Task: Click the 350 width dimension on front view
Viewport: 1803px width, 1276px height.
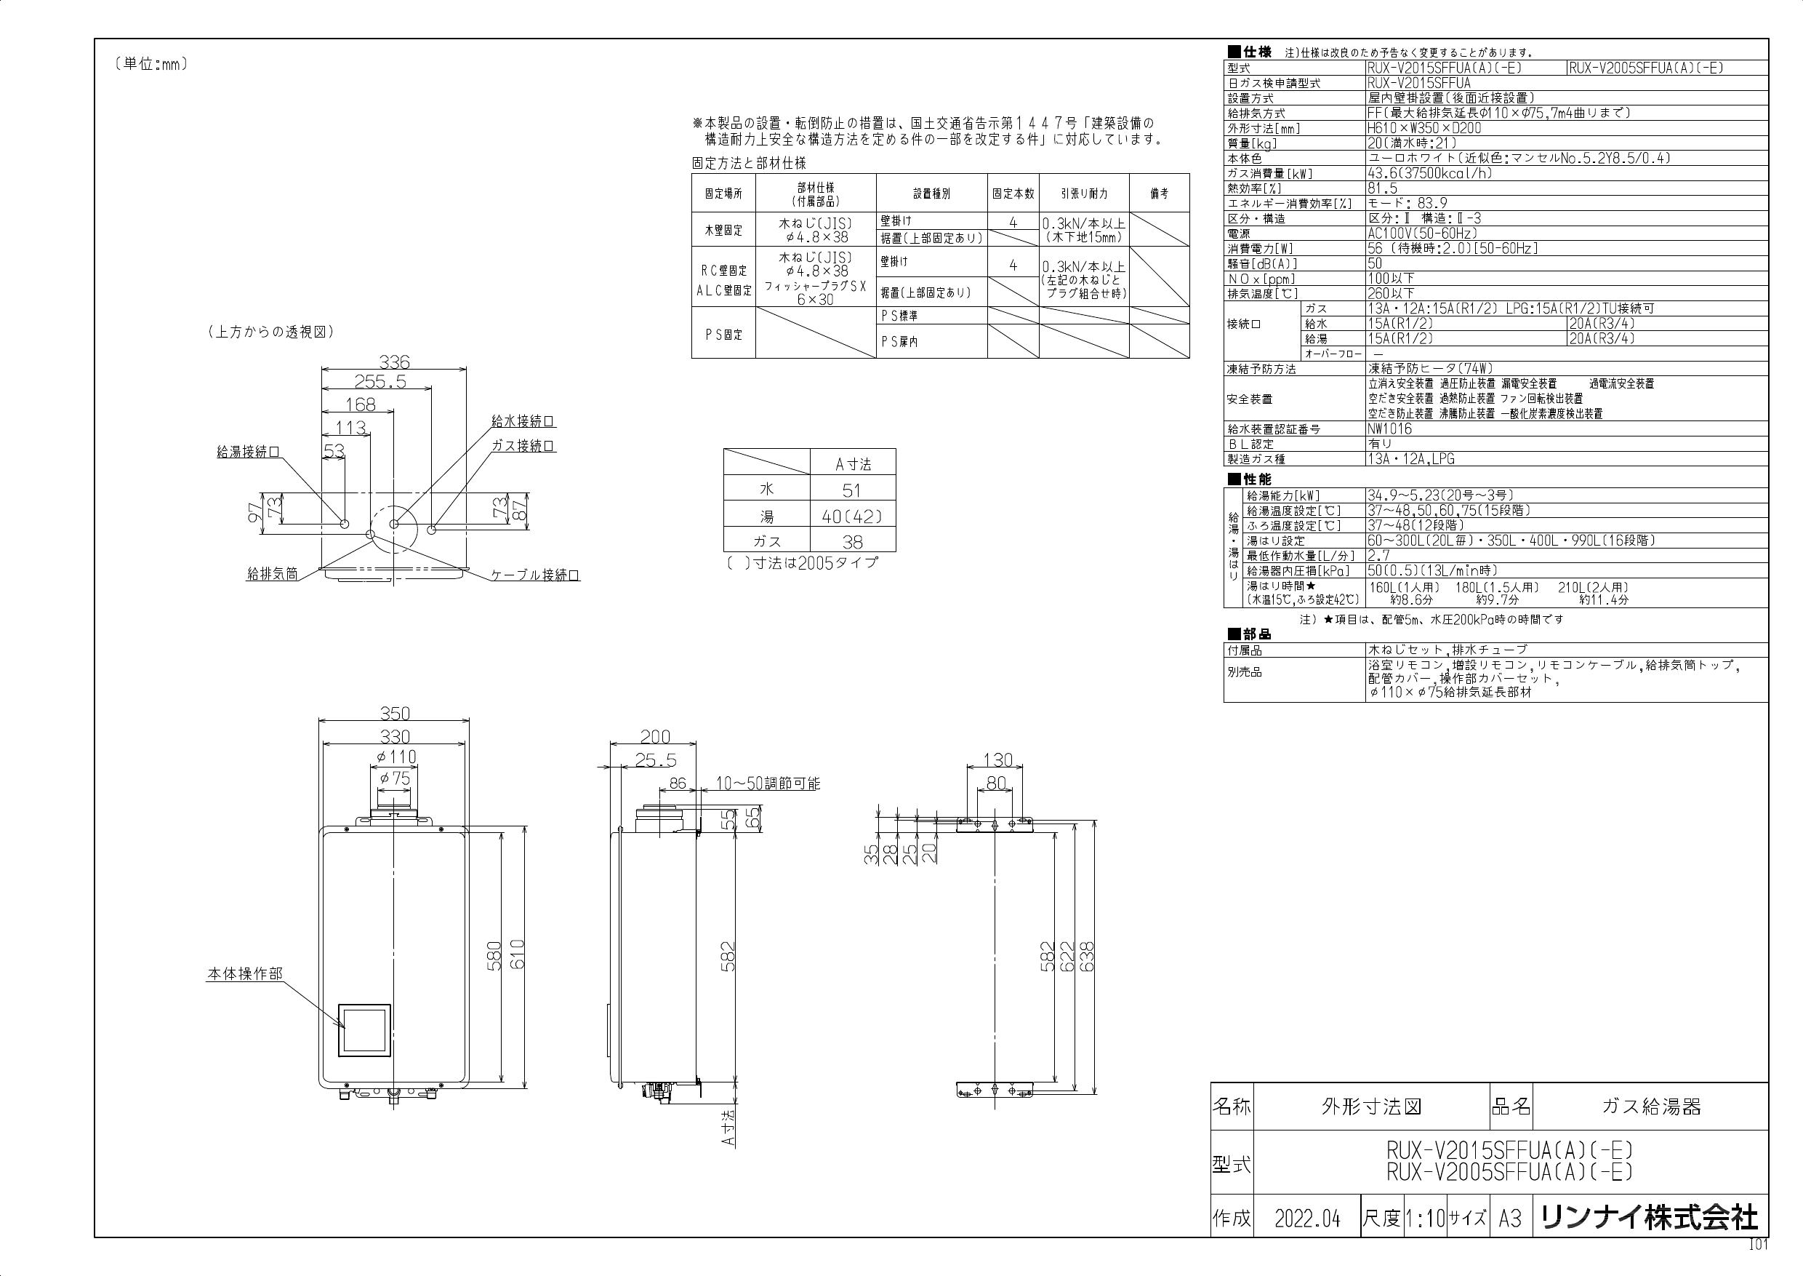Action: pos(395,713)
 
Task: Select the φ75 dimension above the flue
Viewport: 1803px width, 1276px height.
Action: pos(394,778)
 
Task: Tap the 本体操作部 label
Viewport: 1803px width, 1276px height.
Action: pos(244,973)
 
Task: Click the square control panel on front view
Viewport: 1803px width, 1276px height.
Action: pos(364,1029)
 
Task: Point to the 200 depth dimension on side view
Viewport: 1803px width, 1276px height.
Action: pos(655,736)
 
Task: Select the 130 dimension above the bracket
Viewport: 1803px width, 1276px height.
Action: pos(998,759)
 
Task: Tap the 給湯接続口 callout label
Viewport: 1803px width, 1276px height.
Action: pos(248,452)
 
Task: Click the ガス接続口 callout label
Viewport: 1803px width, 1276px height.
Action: pos(523,445)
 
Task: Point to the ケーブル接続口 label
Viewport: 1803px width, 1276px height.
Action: pos(536,575)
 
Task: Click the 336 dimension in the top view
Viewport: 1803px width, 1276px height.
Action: pos(394,362)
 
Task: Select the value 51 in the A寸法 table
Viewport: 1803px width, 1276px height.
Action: pos(852,491)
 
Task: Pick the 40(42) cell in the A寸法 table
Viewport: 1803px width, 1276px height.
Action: pos(852,517)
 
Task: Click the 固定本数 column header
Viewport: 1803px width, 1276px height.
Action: pos(1013,194)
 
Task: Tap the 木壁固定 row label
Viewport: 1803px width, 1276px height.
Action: pos(723,230)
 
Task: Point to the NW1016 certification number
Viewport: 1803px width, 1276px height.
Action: pos(1390,429)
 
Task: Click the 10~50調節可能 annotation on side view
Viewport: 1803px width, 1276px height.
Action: pos(768,783)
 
